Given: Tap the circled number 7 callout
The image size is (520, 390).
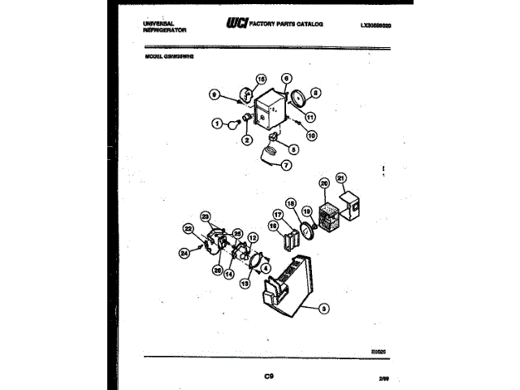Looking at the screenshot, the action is (286, 165).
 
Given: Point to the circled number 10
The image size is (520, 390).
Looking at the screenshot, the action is (311, 136).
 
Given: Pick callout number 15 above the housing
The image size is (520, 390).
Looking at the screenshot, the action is (262, 79).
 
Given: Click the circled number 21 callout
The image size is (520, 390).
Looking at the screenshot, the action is (341, 179).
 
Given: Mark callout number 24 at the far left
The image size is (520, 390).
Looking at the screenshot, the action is (184, 253).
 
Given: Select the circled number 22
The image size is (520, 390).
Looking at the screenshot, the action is (188, 229).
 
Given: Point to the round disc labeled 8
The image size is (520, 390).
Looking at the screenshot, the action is (299, 99).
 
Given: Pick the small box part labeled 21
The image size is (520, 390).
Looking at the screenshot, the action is (350, 206).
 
